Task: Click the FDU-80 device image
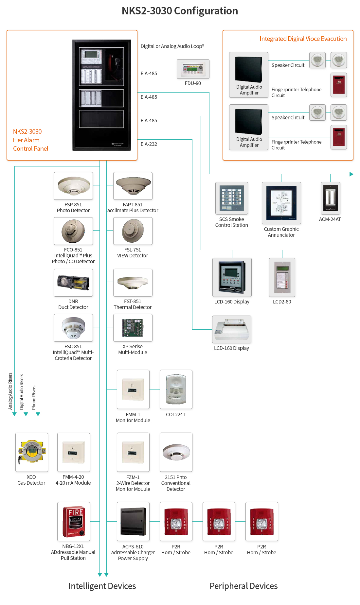point(193,69)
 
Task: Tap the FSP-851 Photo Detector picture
point(73,186)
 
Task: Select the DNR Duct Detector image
point(73,283)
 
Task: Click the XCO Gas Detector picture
point(32,452)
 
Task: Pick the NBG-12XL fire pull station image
point(74,522)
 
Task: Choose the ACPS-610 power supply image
point(133,522)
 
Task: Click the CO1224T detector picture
point(176,389)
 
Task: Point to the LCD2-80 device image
point(282,277)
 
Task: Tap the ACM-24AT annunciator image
point(331,198)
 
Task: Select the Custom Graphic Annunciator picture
point(281,203)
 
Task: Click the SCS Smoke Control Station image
point(232,198)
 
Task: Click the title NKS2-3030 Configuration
point(180,11)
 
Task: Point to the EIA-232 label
point(149,144)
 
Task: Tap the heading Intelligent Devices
point(102,586)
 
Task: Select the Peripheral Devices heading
point(243,586)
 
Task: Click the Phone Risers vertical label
point(34,398)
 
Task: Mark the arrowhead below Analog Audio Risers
point(14,414)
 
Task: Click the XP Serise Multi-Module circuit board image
point(133,328)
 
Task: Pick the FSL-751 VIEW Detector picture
point(133,231)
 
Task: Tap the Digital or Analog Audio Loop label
point(172,46)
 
